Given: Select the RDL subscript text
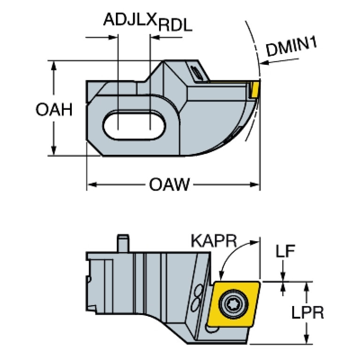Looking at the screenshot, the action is pos(175,25).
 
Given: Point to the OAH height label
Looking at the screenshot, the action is pos(54,109).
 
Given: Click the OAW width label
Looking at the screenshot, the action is pos(169,184).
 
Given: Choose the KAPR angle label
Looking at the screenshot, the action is pos(214,241).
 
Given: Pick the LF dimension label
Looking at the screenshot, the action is pos(285,251).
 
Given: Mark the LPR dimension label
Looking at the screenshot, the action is pos(307,312).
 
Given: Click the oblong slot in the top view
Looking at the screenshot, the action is pos(134,125).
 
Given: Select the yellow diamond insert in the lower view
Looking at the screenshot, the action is pos(233,304).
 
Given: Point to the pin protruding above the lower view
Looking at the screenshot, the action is pos(123,244).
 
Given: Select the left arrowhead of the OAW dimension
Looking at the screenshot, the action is pos(92,184).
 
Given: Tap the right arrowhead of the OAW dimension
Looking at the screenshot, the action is pos(255,184).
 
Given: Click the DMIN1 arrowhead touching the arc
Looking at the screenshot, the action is pos(264,62).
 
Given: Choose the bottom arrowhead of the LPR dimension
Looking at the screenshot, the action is pos(306,339).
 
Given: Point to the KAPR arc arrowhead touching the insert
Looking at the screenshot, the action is pos(221,276).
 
